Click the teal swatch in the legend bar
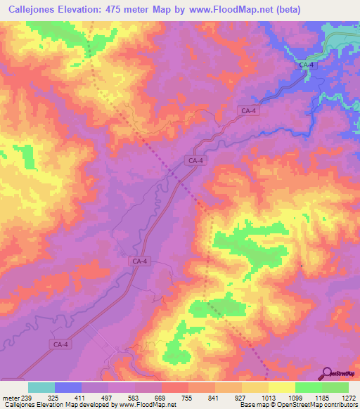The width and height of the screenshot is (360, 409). (x=41, y=387)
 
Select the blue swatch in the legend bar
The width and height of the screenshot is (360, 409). (x=68, y=387)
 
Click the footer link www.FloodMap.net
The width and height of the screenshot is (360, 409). (x=139, y=405)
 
